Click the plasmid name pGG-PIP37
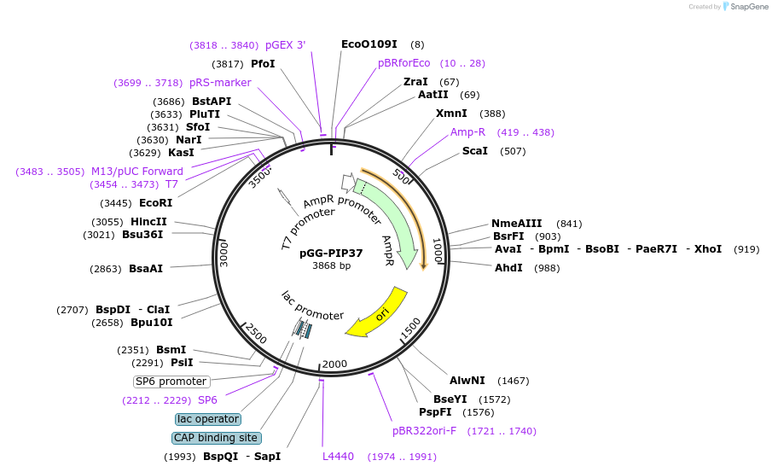(x=331, y=253)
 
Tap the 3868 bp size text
(x=331, y=266)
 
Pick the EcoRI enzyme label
(x=155, y=203)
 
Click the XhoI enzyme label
(x=707, y=249)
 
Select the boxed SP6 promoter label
(x=171, y=382)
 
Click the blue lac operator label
(x=208, y=419)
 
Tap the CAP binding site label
(x=215, y=438)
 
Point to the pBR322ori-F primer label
(x=424, y=431)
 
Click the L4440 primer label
(x=338, y=457)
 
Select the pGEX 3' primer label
(x=285, y=45)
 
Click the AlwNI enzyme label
(x=467, y=381)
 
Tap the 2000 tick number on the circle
(x=334, y=364)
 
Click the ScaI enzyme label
(x=475, y=151)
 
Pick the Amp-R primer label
(x=468, y=132)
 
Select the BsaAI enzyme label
(x=146, y=269)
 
